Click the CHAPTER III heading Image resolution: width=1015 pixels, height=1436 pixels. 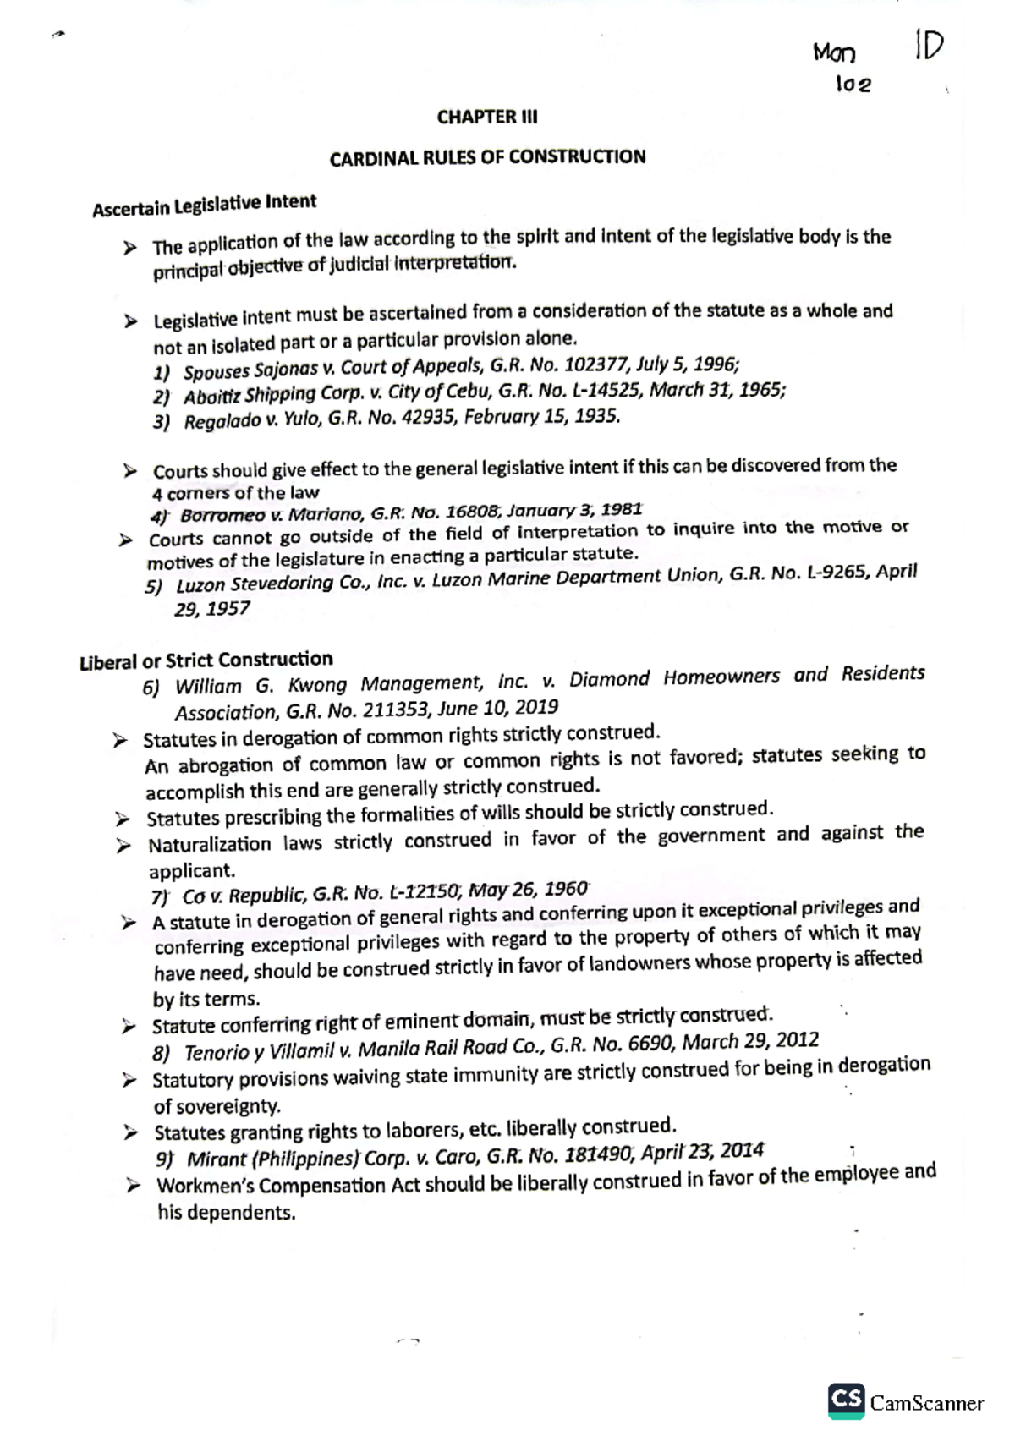point(486,117)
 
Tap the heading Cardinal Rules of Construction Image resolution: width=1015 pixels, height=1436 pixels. point(487,158)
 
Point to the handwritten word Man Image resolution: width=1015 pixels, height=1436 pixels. point(834,53)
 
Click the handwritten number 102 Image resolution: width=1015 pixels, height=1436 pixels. point(853,85)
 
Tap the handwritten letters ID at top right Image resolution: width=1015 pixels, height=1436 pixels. point(928,47)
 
